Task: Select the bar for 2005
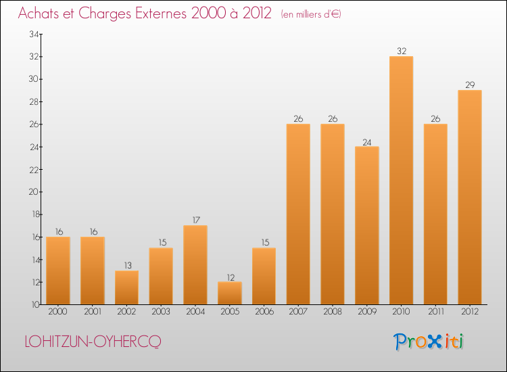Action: (229, 293)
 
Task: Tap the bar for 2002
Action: (126, 287)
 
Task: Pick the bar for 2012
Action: (469, 197)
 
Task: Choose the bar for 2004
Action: (195, 264)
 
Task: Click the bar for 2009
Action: (366, 225)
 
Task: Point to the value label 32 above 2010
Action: (401, 51)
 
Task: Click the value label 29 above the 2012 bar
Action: (469, 85)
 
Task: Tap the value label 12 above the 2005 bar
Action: (229, 276)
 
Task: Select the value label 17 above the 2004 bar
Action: (195, 220)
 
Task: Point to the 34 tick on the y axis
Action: (33, 34)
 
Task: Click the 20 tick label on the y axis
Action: (33, 192)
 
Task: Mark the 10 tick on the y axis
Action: (33, 305)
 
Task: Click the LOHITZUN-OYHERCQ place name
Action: (93, 342)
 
